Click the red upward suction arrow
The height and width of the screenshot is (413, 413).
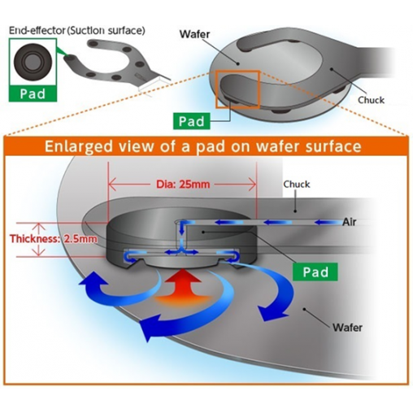[183, 287]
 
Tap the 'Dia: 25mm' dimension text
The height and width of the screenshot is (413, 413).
[183, 185]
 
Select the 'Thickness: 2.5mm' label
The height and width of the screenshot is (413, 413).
[54, 239]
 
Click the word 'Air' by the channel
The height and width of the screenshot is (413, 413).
[350, 222]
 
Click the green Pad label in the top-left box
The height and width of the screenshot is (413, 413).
[33, 94]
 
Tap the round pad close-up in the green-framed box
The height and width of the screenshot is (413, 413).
[33, 63]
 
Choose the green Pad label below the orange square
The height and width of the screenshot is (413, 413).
[192, 121]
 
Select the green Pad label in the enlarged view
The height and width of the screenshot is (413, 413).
[315, 272]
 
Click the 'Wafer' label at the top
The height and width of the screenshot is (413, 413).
[195, 34]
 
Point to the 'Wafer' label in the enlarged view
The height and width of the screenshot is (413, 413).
[347, 328]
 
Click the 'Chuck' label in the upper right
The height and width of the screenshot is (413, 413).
[371, 100]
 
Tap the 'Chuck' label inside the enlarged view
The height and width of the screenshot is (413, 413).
[297, 185]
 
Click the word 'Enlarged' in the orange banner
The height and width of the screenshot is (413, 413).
[79, 146]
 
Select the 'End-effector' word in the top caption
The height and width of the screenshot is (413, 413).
[37, 30]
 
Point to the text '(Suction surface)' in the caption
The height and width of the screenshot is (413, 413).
[106, 30]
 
